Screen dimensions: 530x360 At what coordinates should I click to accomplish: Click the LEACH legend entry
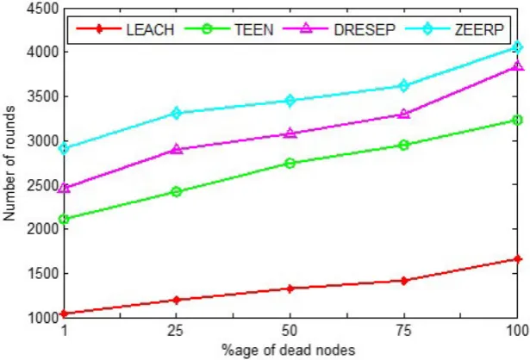(125, 29)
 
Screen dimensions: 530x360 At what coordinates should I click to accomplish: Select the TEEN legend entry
(229, 29)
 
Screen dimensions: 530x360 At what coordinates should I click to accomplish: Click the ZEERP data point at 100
(517, 47)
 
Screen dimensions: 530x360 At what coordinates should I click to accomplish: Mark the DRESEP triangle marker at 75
(403, 114)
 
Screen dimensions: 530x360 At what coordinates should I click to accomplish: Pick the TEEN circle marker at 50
(290, 164)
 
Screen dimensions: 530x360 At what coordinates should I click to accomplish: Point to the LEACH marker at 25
(176, 300)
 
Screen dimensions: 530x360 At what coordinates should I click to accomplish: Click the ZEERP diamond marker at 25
(176, 113)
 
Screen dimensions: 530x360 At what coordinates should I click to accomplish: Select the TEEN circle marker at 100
(517, 120)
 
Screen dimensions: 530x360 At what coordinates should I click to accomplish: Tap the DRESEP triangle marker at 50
(290, 133)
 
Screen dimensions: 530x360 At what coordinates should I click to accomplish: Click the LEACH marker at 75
(403, 281)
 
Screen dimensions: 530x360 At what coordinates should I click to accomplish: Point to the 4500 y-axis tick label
(42, 9)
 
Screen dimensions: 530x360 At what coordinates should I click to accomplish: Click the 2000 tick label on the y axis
(42, 229)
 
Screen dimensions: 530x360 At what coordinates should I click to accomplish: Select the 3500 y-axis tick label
(42, 96)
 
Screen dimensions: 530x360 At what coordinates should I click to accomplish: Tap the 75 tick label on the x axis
(403, 330)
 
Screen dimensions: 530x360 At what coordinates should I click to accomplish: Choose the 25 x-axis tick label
(176, 330)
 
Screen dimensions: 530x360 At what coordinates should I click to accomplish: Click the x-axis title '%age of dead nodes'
(289, 350)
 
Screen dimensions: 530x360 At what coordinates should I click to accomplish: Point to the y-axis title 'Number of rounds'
(9, 164)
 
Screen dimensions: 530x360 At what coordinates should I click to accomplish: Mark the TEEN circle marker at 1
(64, 219)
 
